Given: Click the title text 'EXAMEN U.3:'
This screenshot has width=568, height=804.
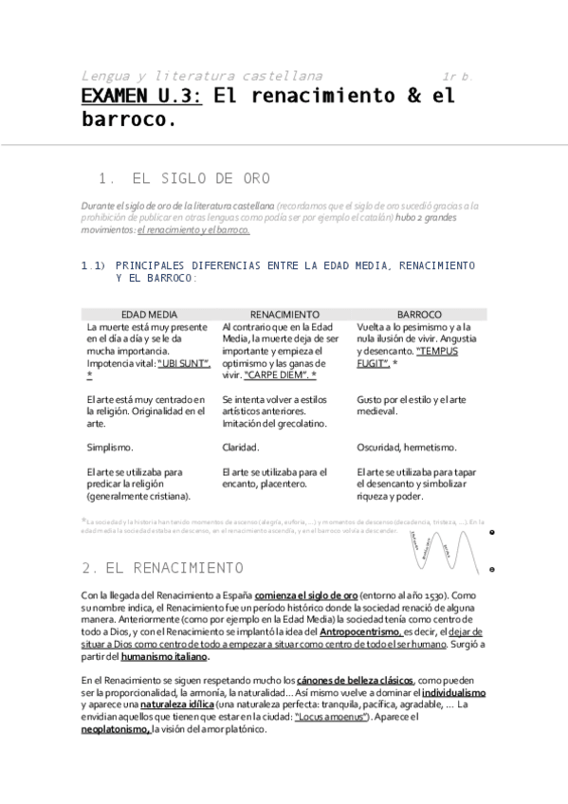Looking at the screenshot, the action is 141,96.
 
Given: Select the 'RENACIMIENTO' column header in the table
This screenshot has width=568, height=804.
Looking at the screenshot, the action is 284,314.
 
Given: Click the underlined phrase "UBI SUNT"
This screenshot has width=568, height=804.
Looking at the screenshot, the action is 184,363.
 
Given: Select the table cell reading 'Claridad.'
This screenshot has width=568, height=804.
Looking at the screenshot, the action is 241,447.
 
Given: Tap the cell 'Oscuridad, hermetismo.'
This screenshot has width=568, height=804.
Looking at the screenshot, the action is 407,447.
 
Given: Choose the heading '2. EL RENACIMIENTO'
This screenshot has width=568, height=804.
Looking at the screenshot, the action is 162,568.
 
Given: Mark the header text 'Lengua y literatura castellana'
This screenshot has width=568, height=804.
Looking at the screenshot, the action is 201,75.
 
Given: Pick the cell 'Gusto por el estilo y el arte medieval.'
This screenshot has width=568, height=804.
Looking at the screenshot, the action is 412,406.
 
